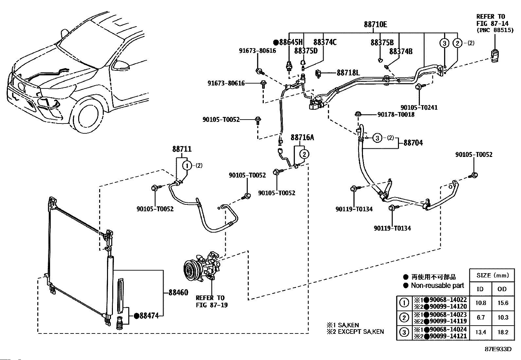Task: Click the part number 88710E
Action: (375, 25)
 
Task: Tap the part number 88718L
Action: (348, 73)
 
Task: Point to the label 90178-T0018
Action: (396, 115)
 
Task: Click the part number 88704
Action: (413, 143)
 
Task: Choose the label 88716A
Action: (302, 138)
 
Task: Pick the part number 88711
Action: (182, 149)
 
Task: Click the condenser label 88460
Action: (178, 292)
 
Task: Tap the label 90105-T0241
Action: (419, 107)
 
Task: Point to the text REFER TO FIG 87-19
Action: (211, 301)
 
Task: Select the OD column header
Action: (502, 289)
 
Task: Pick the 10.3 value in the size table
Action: (502, 318)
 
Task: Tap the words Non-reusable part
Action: (437, 286)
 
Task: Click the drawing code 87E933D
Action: (498, 349)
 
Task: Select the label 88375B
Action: (382, 43)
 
